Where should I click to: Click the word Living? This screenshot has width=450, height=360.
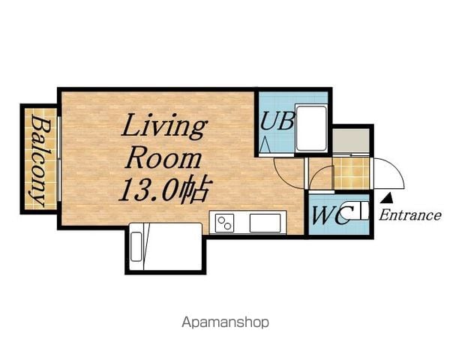pos(163,126)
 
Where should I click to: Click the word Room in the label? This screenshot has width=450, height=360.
pos(163,159)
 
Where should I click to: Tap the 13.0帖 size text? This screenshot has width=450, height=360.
pos(166,190)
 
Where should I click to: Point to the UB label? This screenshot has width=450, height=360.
pos(277,121)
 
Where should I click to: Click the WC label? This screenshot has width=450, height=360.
pos(331,215)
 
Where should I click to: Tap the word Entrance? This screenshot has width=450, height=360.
pos(410,215)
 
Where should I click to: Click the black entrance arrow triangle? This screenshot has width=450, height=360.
pos(388,197)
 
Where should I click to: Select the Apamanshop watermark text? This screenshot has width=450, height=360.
pos(225,322)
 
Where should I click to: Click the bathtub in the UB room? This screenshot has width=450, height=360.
pos(311,127)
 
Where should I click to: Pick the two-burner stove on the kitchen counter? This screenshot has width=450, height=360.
pos(224,223)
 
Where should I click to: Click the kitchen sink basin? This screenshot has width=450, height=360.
pos(265,223)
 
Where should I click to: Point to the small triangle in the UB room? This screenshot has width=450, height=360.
pos(265,145)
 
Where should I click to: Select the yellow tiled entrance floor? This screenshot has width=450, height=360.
pos(352,173)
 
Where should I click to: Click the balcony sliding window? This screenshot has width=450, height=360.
pos(59,159)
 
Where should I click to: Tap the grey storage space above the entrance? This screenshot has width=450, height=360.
pos(351,141)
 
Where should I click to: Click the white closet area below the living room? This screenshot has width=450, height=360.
pos(166,247)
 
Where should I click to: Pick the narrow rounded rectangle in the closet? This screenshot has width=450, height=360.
pos(136,247)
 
